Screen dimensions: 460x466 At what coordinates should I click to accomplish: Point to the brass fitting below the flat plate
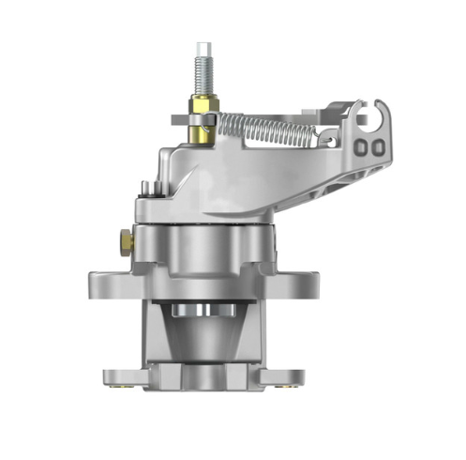coord(200,134)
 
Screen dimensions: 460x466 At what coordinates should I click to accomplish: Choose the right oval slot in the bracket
coord(376,147)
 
